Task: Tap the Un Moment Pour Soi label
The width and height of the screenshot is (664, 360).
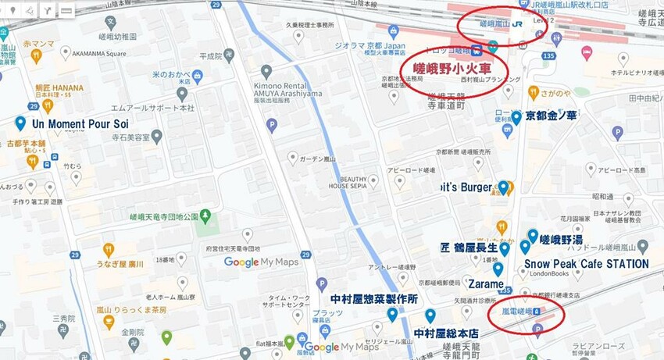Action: click(x=80, y=123)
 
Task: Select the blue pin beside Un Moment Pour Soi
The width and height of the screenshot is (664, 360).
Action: click(x=20, y=123)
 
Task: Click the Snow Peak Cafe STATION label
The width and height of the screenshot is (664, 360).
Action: click(x=586, y=264)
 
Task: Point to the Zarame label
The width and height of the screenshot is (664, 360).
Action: click(x=485, y=283)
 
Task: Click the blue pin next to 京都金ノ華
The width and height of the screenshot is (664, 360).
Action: click(x=516, y=117)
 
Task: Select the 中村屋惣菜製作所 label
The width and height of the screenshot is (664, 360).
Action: click(x=373, y=299)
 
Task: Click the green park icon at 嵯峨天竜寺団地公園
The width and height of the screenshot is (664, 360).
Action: click(x=205, y=215)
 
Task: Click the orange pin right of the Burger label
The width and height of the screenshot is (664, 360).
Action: click(x=505, y=187)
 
